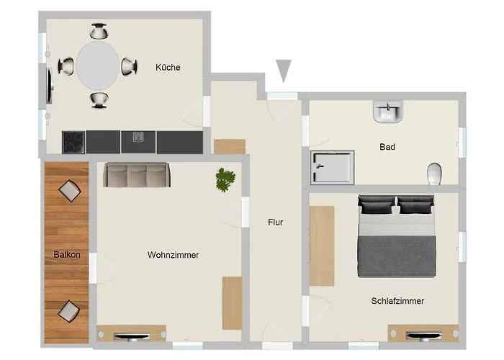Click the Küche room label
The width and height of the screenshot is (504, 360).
(168, 68)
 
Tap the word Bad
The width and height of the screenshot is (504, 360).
(387, 147)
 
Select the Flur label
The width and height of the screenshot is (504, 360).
(276, 222)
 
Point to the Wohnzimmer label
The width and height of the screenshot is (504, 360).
(173, 255)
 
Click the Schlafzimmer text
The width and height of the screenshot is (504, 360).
(397, 301)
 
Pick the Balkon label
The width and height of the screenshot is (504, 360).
(67, 255)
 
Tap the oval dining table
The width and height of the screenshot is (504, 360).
(98, 66)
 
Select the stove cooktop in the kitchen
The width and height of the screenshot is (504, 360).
(73, 142)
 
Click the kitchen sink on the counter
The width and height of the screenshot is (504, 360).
(138, 138)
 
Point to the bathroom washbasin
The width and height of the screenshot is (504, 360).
(388, 112)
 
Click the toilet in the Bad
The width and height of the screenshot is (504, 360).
(434, 174)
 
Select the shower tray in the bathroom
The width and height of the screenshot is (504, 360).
(333, 168)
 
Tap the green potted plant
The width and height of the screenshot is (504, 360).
(225, 179)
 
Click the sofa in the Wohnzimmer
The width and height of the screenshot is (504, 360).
(137, 174)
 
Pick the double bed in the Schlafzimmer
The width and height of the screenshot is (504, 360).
(397, 235)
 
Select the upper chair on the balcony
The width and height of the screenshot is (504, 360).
(70, 191)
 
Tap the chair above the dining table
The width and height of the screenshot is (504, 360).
(99, 31)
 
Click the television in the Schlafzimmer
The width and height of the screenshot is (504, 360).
(423, 336)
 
